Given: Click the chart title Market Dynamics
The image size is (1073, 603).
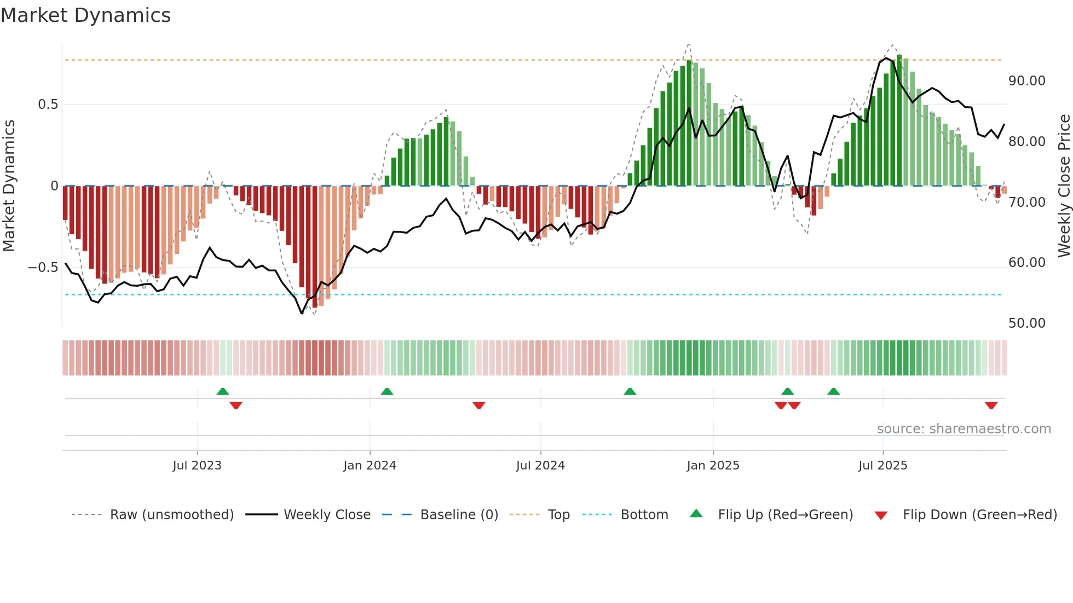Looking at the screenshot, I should click(85, 15).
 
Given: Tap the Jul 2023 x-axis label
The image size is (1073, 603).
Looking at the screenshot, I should click(197, 466).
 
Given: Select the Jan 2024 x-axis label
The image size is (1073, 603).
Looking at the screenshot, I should click(370, 466).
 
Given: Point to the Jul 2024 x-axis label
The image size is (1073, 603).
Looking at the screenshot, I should click(540, 466).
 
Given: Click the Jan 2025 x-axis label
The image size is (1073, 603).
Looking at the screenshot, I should click(713, 466).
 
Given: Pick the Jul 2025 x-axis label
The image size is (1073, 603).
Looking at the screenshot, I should click(882, 466).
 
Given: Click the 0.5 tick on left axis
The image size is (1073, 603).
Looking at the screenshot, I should click(48, 105).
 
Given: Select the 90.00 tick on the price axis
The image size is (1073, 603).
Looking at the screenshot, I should click(1026, 81).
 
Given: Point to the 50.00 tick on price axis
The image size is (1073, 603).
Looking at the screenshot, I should click(1026, 323).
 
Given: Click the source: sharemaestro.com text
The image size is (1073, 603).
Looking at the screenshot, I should click(964, 429).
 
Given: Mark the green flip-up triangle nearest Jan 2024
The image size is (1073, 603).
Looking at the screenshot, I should click(386, 392).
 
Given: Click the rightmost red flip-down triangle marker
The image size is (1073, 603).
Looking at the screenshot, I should click(991, 405).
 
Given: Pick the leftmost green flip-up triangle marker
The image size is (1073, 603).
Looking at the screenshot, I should click(222, 392).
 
